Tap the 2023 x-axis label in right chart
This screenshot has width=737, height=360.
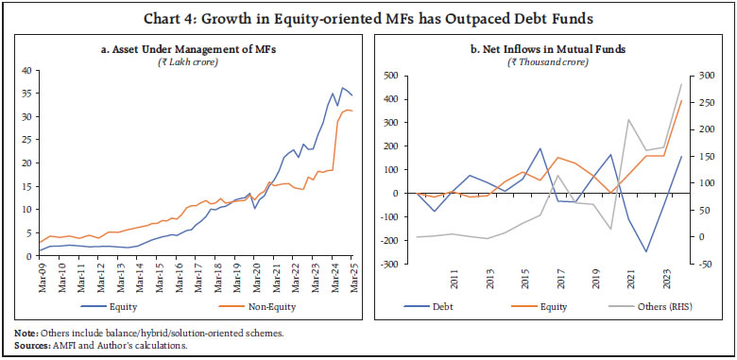point(667,282)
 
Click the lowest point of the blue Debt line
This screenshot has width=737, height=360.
point(647,251)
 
